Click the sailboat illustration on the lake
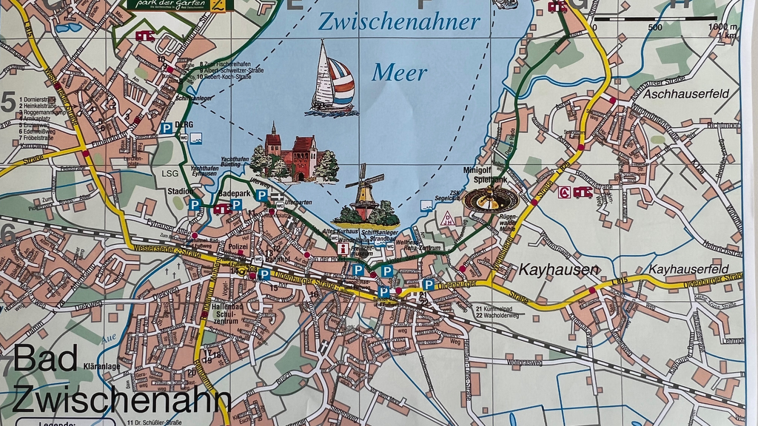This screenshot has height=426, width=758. click(332, 79)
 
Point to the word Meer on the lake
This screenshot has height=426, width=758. click(400, 72)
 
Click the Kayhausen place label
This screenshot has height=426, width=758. click(558, 270)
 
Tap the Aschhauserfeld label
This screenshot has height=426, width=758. click(686, 93)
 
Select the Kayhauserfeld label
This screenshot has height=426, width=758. click(688, 269)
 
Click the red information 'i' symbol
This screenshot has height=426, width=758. click(343, 249)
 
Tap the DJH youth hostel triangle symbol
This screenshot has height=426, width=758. click(447, 218)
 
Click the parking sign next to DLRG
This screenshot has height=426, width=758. click(167, 128)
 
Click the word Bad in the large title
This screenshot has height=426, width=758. click(45, 359)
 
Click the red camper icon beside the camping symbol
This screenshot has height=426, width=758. click(582, 192)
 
